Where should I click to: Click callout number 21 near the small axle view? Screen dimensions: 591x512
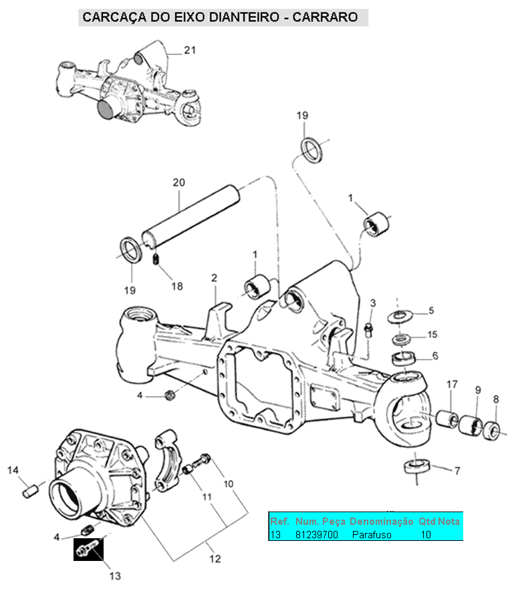(190, 50)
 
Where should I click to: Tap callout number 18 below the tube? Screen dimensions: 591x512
(176, 286)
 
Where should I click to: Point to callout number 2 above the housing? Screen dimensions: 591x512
(215, 277)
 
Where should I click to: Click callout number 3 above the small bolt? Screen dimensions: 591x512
(373, 304)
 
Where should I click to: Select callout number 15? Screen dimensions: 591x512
(432, 334)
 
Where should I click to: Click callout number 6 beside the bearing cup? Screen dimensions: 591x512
(435, 356)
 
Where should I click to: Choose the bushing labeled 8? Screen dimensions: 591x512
(493, 431)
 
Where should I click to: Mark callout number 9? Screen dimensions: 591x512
(478, 389)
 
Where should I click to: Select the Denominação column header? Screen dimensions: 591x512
(381, 521)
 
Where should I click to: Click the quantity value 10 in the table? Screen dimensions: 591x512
(426, 535)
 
